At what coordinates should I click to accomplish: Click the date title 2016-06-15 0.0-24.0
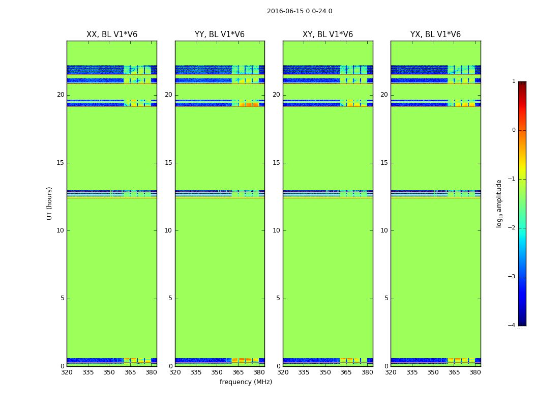300,11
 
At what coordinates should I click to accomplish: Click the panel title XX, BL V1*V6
112,35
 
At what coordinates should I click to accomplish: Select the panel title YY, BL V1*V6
220,35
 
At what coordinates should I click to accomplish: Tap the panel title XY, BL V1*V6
328,35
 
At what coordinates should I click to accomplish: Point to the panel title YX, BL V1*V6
435,35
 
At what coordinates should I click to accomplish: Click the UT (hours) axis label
49,203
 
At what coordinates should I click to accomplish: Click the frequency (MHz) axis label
246,382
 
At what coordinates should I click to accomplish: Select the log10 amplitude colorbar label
499,203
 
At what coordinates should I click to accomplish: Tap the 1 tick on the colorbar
514,81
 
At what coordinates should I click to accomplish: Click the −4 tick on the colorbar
512,326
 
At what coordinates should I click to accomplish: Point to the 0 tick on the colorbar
514,130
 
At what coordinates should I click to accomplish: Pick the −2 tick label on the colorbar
512,228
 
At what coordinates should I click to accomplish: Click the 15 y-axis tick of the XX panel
61,163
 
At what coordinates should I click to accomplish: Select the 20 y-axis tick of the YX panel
384,95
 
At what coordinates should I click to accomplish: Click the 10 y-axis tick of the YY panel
168,230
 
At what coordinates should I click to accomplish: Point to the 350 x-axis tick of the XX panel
109,372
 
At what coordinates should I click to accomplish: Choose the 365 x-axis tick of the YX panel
454,372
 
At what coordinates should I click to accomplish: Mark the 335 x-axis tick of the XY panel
304,372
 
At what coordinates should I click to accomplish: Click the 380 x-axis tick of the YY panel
259,372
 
